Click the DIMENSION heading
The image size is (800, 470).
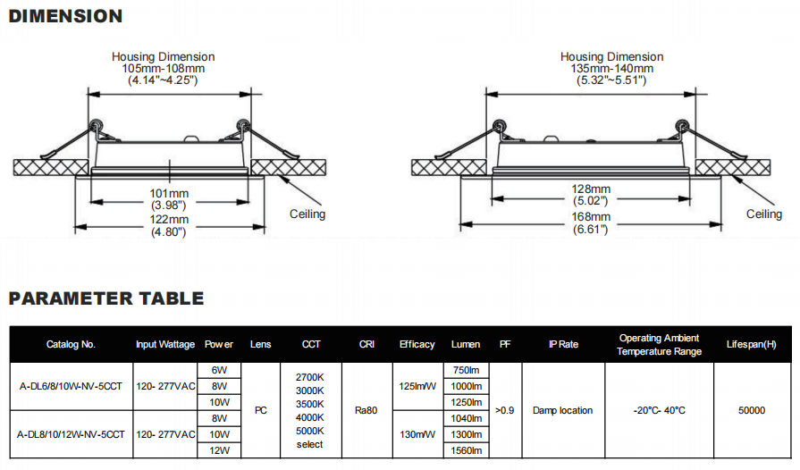(65, 16)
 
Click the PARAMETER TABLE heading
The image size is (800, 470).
(106, 298)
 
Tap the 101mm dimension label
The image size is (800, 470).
(168, 193)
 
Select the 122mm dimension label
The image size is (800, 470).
(168, 219)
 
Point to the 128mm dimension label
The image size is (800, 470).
(592, 189)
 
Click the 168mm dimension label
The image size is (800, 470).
(592, 217)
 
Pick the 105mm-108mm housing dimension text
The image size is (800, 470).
(163, 69)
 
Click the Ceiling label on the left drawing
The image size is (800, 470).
(307, 214)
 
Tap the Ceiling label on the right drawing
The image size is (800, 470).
(764, 214)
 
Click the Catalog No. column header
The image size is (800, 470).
(71, 344)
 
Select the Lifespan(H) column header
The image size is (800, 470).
(752, 344)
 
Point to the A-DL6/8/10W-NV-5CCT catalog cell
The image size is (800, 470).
(71, 386)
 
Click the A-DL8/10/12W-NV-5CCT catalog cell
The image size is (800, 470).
(71, 434)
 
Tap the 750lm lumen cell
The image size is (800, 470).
(467, 370)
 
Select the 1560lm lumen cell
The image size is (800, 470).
(467, 450)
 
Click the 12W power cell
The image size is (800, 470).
(219, 450)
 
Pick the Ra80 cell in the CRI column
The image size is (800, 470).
(366, 410)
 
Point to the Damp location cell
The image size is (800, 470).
(562, 410)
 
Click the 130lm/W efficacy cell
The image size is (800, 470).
(417, 434)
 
